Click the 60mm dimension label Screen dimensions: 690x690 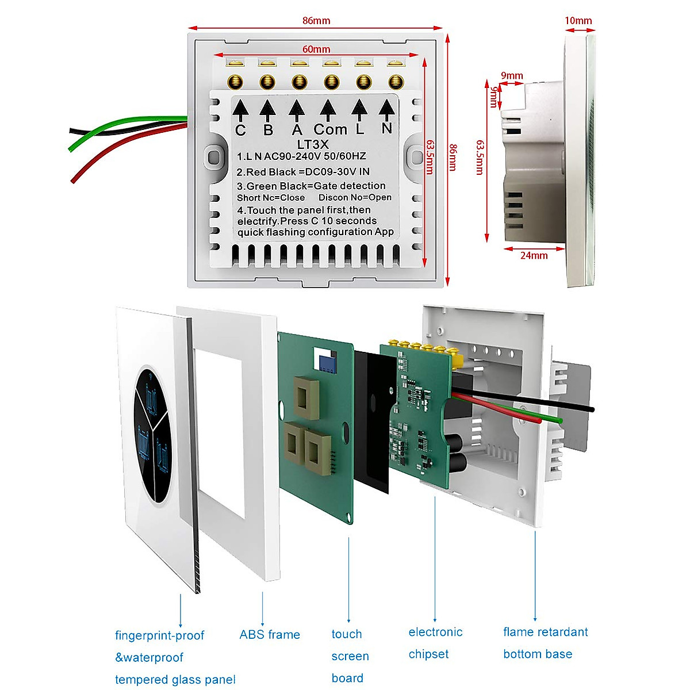pyautogui.click(x=316, y=49)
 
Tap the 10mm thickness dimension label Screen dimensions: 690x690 pyautogui.click(x=578, y=21)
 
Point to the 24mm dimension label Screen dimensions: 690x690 pyautogui.click(x=534, y=255)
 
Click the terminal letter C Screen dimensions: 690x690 pyautogui.click(x=240, y=131)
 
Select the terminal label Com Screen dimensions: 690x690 pyautogui.click(x=330, y=129)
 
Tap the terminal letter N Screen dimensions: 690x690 pyautogui.click(x=387, y=128)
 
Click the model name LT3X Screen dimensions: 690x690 pyautogui.click(x=313, y=144)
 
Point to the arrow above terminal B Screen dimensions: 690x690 pyautogui.click(x=267, y=110)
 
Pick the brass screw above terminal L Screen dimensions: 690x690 pyautogui.click(x=363, y=82)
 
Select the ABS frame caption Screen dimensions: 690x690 pyautogui.click(x=270, y=635)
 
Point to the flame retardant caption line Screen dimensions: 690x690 pyautogui.click(x=545, y=632)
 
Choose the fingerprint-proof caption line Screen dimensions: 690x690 pyautogui.click(x=159, y=635)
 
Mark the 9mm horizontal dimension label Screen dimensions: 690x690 pyautogui.click(x=512, y=75)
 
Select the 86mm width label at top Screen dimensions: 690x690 pyautogui.click(x=316, y=21)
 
